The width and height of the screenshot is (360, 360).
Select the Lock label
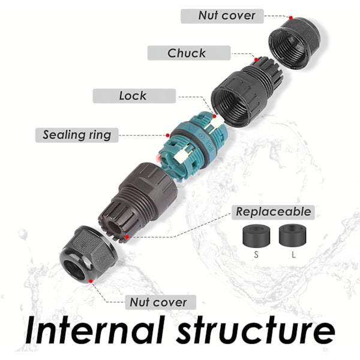[133, 95]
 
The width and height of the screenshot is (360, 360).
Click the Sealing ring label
[77, 134]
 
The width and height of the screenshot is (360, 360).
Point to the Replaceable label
[273, 211]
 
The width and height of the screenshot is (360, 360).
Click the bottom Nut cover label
[159, 302]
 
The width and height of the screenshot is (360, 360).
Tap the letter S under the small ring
[256, 254]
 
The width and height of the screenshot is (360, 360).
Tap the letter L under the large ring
[294, 254]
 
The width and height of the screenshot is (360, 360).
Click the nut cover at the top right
[295, 42]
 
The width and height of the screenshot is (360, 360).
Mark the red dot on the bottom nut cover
[91, 280]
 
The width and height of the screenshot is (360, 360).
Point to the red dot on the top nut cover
[290, 18]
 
